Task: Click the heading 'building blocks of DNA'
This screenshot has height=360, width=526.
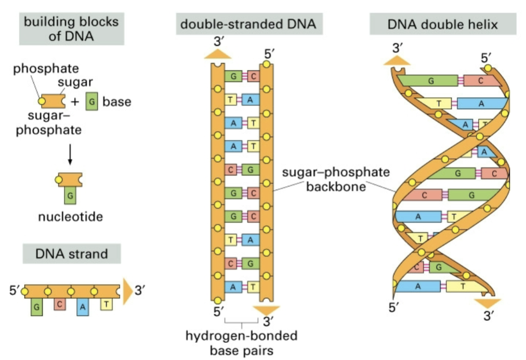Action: coord(71,29)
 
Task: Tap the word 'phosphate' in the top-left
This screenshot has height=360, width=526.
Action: coord(46,68)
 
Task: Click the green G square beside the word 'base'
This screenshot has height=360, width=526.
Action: coord(91,101)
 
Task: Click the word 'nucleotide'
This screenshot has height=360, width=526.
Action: coord(70,216)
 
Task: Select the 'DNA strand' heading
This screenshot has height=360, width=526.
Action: coord(72,254)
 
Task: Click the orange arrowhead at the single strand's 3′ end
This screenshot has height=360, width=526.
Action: coord(127,291)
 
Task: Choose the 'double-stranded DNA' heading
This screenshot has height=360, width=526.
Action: coord(248,24)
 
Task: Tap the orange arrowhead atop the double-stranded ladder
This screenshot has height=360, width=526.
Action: coord(218,53)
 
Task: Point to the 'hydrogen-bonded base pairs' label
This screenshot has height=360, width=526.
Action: coord(241,343)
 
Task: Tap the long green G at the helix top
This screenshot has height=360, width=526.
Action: coord(431,81)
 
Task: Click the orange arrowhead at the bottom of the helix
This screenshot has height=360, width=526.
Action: coord(487,302)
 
